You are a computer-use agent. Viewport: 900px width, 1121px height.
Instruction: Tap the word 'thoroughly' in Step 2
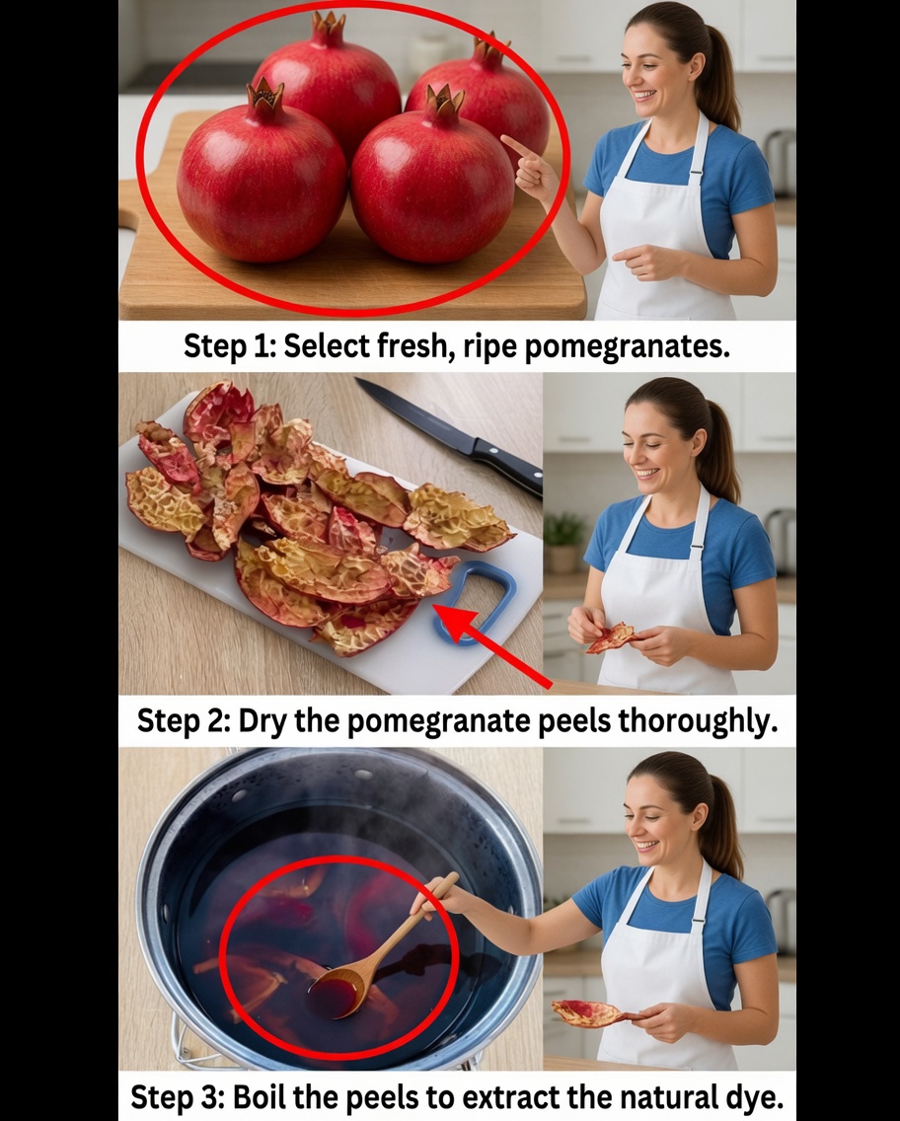point(697,721)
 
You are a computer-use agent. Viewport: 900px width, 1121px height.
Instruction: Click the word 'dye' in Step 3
point(754,1096)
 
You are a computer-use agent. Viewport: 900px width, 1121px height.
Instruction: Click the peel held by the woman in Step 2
point(612,637)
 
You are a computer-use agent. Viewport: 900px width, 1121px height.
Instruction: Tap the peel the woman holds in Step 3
point(587,1011)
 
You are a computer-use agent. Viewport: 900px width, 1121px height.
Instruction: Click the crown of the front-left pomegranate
point(265,96)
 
